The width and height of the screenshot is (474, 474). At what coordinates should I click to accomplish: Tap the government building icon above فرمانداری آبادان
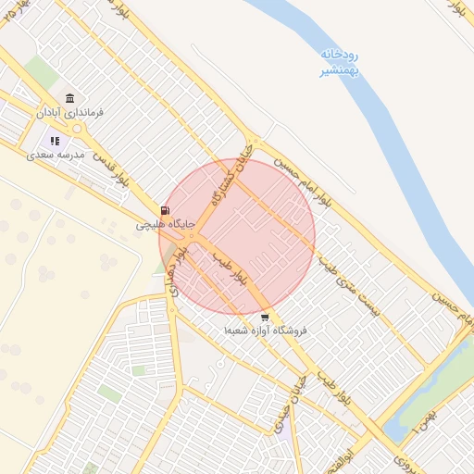[x=69, y=98]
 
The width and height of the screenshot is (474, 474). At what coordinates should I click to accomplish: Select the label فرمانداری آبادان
[x=70, y=112]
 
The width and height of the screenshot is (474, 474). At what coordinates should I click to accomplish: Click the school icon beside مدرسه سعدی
[x=56, y=141]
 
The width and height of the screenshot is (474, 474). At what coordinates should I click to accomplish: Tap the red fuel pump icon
[x=165, y=211]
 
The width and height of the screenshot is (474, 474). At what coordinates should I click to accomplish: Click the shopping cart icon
[x=266, y=317]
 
